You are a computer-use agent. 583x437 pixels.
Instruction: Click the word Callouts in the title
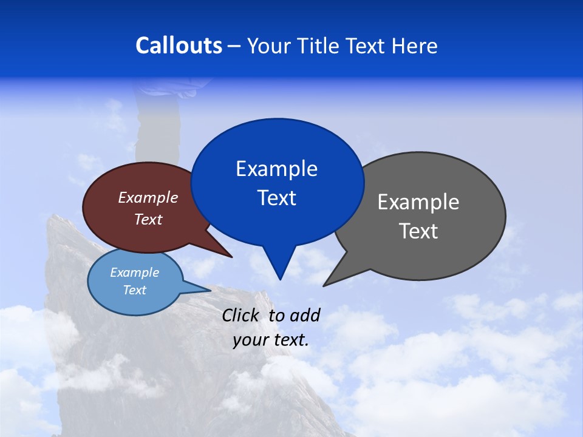[179, 46]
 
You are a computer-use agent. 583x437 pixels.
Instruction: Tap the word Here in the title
[415, 46]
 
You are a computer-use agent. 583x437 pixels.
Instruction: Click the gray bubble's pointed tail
[337, 276]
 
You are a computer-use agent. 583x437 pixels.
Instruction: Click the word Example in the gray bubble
[418, 202]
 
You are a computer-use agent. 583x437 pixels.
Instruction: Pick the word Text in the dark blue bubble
[277, 198]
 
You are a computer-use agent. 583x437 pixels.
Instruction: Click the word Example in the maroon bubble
[148, 197]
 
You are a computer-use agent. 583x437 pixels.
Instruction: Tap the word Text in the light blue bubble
[134, 290]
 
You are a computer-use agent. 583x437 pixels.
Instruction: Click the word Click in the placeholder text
[240, 315]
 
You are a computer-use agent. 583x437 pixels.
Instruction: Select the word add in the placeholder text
[305, 315]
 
